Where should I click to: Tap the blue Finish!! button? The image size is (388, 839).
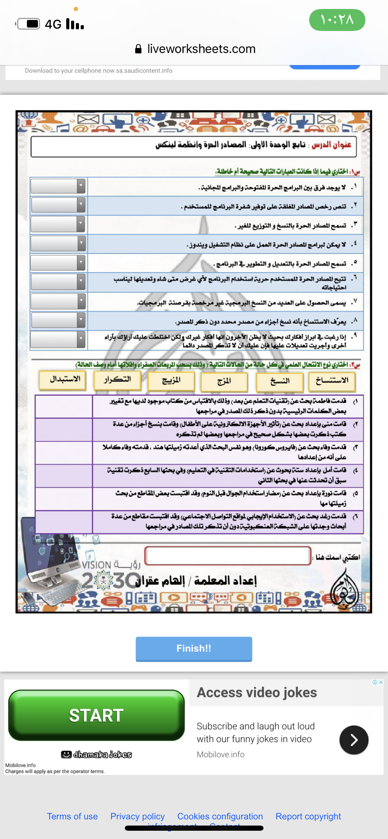point(194,649)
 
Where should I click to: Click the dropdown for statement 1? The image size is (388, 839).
point(58,186)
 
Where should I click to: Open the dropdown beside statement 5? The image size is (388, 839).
point(58,263)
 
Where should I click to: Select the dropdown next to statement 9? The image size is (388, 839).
point(58,340)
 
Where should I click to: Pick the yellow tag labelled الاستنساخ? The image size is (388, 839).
point(332,381)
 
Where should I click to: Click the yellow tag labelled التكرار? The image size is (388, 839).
point(118,380)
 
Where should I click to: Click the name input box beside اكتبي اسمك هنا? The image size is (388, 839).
point(228,556)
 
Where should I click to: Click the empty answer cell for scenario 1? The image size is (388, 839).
point(64,406)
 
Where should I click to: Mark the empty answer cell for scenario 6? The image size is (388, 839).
point(64,522)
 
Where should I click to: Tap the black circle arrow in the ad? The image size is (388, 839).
point(354,740)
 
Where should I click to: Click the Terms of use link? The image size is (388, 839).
point(72,816)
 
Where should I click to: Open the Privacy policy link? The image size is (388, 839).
point(138,816)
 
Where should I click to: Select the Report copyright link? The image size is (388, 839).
point(308,816)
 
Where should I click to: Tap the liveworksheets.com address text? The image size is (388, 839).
point(201,49)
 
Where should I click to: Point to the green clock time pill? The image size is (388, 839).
point(337,20)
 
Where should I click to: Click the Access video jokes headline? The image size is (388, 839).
point(257,692)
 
